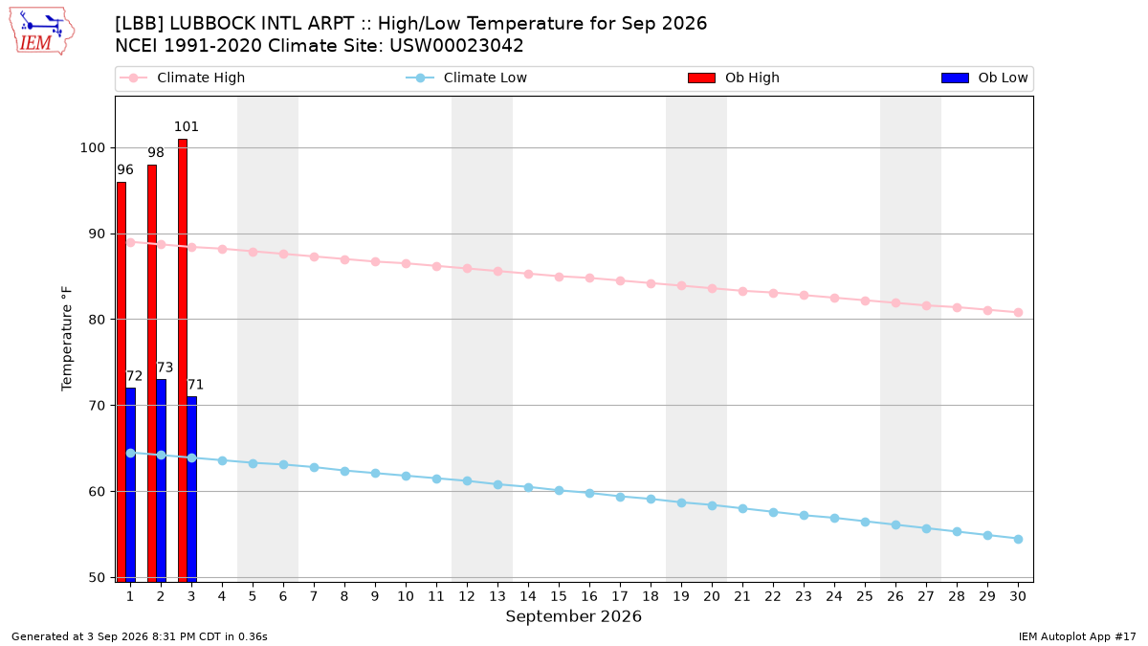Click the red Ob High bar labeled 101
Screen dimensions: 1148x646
pos(183,360)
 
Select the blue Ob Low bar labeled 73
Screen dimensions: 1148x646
pos(161,480)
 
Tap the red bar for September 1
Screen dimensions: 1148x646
pos(121,382)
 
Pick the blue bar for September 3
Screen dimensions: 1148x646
pos(191,489)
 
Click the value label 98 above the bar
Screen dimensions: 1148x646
pos(156,153)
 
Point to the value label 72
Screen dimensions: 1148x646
pos(134,376)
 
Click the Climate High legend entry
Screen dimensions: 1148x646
pos(183,78)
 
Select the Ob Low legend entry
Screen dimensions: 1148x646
pos(984,78)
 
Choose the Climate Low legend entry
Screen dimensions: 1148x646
pos(467,78)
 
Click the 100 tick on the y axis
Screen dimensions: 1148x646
pos(92,148)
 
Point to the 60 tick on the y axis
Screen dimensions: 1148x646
pos(97,492)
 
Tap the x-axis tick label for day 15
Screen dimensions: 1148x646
pos(559,596)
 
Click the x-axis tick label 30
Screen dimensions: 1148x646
pos(1018,596)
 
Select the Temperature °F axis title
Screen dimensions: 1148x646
pos(67,339)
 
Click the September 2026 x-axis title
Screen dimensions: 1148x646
pos(573,616)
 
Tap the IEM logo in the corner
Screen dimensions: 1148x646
pos(42,32)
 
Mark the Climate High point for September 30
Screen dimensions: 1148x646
pos(1018,313)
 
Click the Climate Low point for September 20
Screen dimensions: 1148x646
pos(712,506)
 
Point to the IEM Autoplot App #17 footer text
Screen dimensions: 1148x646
pos(1077,636)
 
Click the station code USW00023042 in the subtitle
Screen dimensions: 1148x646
pos(456,46)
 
